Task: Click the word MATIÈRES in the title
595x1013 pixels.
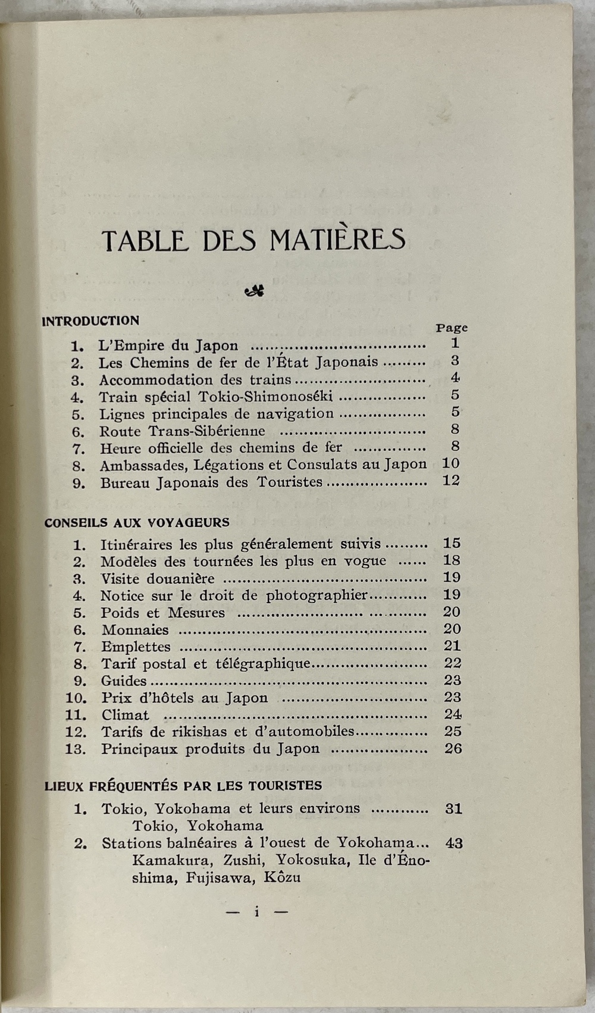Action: pyautogui.click(x=337, y=240)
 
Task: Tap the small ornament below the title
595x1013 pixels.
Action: pyautogui.click(x=255, y=291)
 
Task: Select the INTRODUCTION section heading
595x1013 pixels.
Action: pyautogui.click(x=91, y=321)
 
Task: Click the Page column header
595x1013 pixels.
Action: pyautogui.click(x=452, y=328)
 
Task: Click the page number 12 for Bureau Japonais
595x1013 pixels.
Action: pyautogui.click(x=451, y=481)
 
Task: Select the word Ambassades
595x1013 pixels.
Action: pyautogui.click(x=145, y=465)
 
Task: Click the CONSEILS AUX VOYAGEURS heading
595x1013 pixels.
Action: pyautogui.click(x=137, y=523)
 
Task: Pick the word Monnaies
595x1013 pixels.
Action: pyautogui.click(x=135, y=630)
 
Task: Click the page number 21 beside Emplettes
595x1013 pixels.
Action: pyautogui.click(x=452, y=646)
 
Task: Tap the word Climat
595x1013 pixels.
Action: pyautogui.click(x=125, y=715)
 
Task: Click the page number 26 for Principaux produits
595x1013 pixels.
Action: pyautogui.click(x=453, y=748)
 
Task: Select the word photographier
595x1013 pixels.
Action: pyautogui.click(x=317, y=595)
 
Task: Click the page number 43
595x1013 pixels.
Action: pyautogui.click(x=453, y=843)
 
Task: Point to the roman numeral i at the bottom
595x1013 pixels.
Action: pyautogui.click(x=256, y=911)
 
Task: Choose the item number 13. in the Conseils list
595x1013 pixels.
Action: pyautogui.click(x=76, y=749)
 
